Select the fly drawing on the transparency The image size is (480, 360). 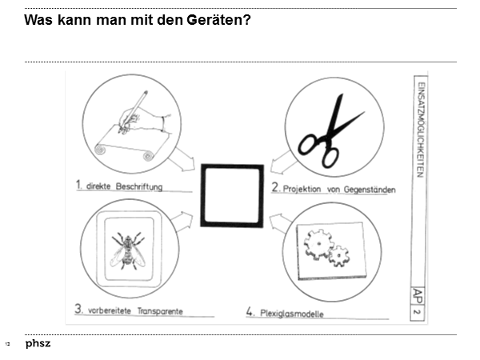tap(127, 249)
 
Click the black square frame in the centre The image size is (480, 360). tap(232, 196)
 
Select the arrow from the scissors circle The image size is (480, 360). tap(280, 165)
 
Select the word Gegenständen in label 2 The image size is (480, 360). tap(359, 190)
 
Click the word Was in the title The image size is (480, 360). tap(38, 19)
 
